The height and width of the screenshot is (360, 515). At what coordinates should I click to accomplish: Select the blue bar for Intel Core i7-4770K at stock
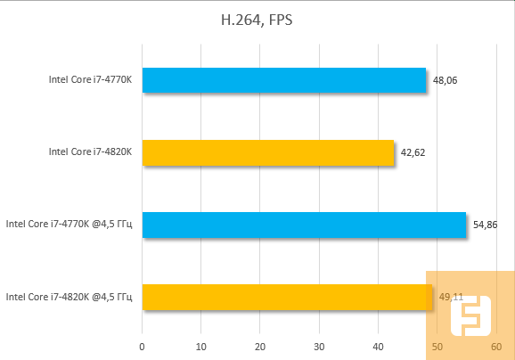click(283, 81)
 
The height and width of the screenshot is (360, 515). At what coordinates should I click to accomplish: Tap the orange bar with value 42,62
click(267, 152)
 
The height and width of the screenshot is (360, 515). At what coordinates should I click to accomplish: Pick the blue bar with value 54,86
click(304, 225)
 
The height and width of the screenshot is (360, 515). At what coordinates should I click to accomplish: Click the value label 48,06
click(445, 81)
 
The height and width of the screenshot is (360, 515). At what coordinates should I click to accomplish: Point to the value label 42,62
click(413, 152)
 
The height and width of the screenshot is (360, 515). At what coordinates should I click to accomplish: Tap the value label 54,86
click(485, 225)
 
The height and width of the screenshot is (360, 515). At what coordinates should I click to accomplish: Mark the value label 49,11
click(451, 297)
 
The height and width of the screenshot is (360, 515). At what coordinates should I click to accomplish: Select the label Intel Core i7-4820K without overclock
click(90, 152)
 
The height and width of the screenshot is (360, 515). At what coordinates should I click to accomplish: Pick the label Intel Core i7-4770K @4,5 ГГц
click(69, 225)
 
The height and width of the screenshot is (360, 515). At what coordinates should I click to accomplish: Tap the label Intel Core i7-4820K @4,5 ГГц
click(69, 297)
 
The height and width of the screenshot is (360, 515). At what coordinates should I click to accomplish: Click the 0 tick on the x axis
click(142, 346)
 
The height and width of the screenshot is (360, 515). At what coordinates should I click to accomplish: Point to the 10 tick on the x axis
click(200, 346)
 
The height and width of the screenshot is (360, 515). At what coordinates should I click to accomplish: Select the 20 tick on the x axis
click(260, 346)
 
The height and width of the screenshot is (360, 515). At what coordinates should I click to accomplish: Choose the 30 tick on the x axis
click(319, 346)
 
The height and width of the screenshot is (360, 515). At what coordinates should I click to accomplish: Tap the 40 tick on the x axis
click(378, 346)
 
